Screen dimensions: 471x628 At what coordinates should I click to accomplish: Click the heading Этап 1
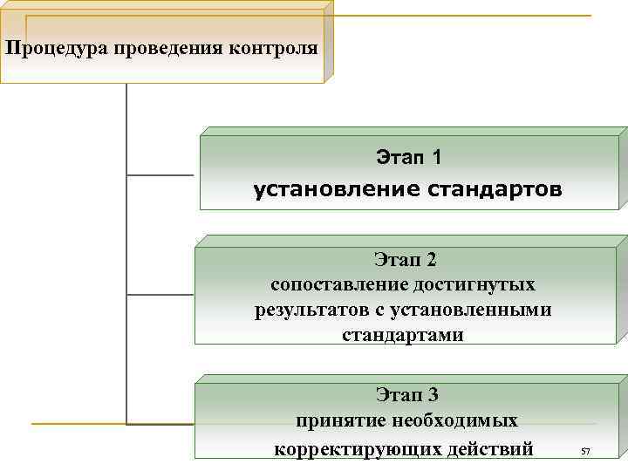click(408, 158)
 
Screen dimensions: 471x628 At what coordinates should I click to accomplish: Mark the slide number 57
click(585, 451)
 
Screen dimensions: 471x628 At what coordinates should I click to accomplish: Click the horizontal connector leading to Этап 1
click(162, 175)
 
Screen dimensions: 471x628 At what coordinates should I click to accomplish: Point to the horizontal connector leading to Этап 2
click(160, 295)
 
